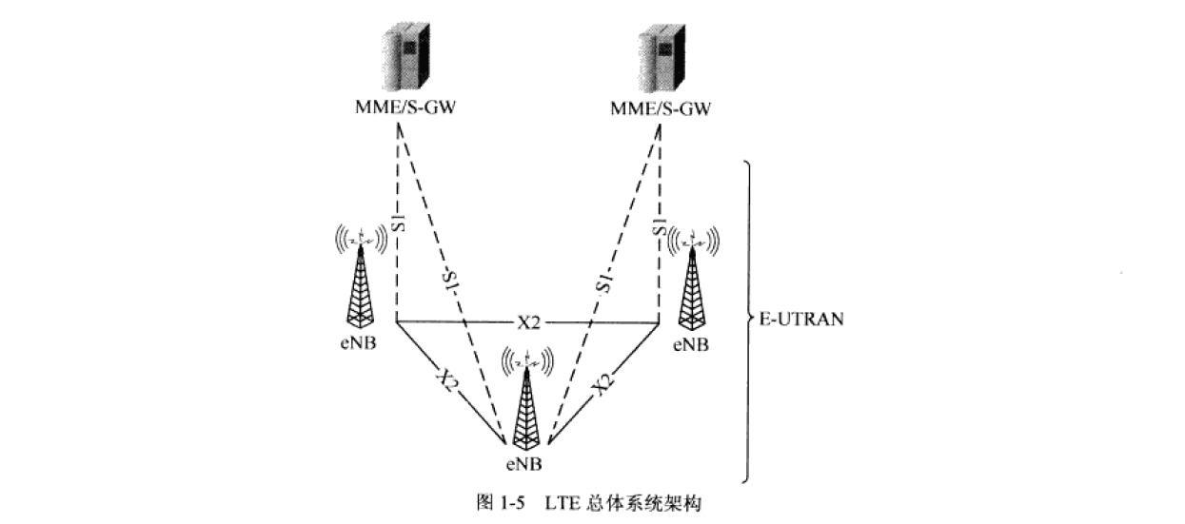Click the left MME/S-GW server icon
[400, 59]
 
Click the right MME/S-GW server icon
[662, 59]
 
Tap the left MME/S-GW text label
[400, 108]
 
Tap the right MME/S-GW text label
[661, 108]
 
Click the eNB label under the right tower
[690, 343]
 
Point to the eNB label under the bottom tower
[524, 464]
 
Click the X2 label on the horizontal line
[528, 323]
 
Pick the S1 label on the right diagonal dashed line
[602, 282]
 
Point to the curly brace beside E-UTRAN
[749, 320]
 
